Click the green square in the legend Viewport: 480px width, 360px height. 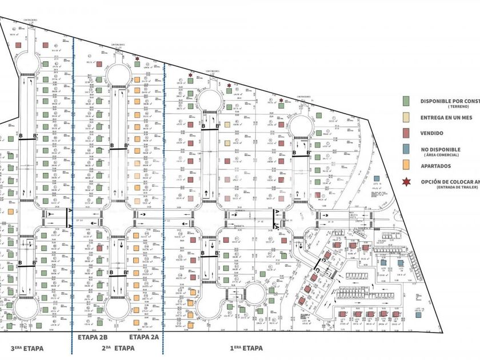point(406,101)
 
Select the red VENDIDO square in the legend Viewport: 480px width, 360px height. point(406,134)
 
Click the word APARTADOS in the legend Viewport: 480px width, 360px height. point(436,166)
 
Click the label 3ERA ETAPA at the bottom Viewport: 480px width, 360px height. point(29,348)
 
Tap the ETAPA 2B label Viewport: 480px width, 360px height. point(92,337)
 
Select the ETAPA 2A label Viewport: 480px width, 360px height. point(143,337)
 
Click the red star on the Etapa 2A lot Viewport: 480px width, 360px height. point(138,58)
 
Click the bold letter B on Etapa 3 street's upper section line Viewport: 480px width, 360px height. point(21,137)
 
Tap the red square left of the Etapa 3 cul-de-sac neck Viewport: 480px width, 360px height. point(19,45)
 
